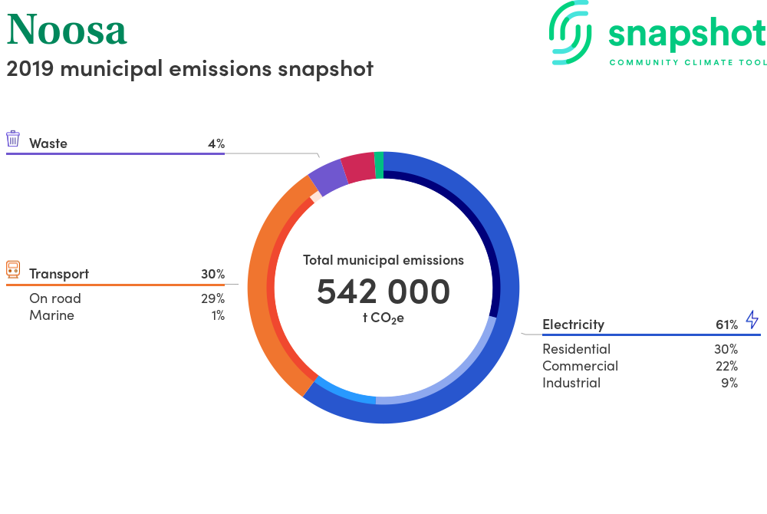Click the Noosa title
(67, 29)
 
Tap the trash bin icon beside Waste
(13, 139)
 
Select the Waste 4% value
(216, 143)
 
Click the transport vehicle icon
(13, 269)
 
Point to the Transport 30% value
(212, 274)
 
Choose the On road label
(55, 298)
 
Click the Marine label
(51, 315)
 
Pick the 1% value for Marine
(217, 315)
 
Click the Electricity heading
(573, 325)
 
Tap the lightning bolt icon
(752, 320)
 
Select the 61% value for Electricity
(726, 325)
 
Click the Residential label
(576, 349)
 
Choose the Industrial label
(571, 383)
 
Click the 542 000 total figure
(383, 292)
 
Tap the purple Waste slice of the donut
(328, 177)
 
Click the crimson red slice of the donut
(357, 167)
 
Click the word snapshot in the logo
(686, 35)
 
